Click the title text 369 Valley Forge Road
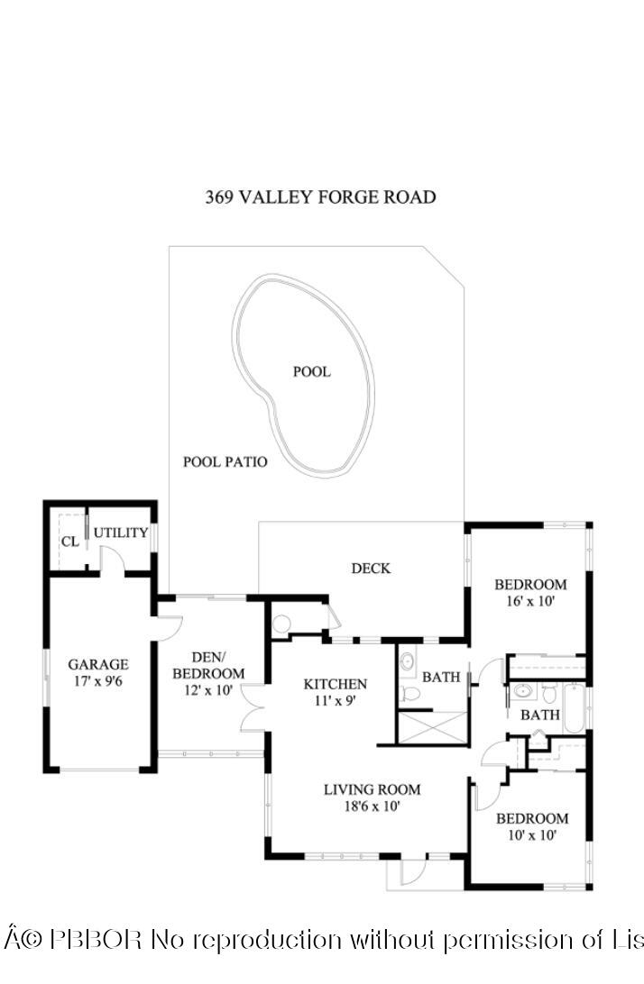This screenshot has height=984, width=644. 320,196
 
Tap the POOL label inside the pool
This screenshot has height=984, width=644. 311,371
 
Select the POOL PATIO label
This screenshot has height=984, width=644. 225,462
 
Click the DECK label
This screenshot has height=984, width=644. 371,568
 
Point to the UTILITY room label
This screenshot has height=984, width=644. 121,533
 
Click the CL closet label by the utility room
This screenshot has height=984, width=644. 69,542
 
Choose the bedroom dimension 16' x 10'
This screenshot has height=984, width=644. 529,602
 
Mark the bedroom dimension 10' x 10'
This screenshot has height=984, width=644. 531,835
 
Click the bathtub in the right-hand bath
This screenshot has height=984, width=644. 575,708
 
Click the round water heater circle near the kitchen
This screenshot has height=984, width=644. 281,623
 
